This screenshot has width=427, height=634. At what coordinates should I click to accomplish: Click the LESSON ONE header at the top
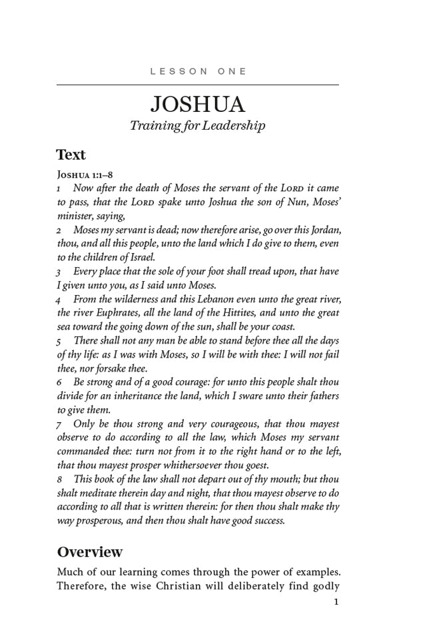click(x=198, y=71)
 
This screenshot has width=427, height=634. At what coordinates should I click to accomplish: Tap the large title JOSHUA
click(x=198, y=105)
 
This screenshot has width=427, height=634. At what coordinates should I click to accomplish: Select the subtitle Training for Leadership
click(x=198, y=125)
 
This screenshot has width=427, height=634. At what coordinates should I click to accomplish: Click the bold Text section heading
click(x=71, y=155)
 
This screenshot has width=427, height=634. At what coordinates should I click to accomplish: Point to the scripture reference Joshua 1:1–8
click(x=85, y=175)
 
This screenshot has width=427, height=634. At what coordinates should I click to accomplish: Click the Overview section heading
click(x=90, y=552)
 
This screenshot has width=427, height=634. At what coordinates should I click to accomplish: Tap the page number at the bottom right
click(x=336, y=602)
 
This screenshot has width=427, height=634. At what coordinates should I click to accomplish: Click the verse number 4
click(x=59, y=300)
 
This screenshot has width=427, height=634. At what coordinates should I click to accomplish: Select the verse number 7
click(x=59, y=424)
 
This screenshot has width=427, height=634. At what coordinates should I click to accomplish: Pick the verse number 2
click(x=59, y=230)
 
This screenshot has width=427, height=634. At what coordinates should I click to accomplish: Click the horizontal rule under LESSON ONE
click(x=198, y=85)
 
